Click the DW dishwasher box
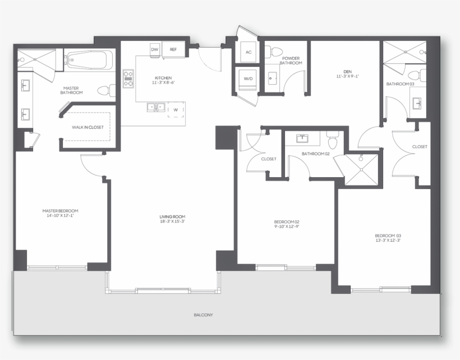pyautogui.click(x=154, y=50)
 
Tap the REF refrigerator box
pyautogui.click(x=173, y=49)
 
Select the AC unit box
pyautogui.click(x=249, y=52)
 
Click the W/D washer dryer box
pyautogui.click(x=248, y=79)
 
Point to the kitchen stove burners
pyautogui.click(x=128, y=79)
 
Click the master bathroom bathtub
pyautogui.click(x=88, y=60)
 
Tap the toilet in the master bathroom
pyautogui.click(x=106, y=90)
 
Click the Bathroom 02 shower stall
pyautogui.click(x=361, y=170)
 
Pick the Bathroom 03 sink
pyautogui.click(x=417, y=103)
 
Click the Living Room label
pyautogui.click(x=173, y=216)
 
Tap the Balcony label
pyautogui.click(x=203, y=315)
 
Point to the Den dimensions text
pyautogui.click(x=348, y=76)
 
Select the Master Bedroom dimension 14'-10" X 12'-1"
pyautogui.click(x=60, y=215)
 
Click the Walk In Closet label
pyautogui.click(x=88, y=127)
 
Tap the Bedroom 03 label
pyautogui.click(x=388, y=236)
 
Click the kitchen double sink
pyautogui.click(x=156, y=107)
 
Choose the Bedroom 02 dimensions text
pyautogui.click(x=287, y=227)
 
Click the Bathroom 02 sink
pyautogui.click(x=302, y=138)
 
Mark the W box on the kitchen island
pyautogui.click(x=176, y=110)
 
